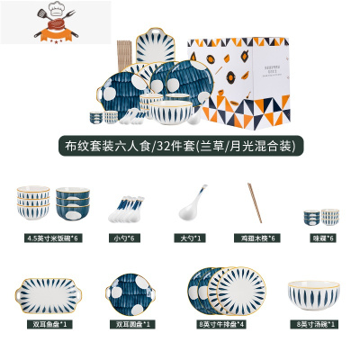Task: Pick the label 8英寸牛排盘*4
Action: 217,322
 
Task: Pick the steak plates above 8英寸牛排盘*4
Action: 217,286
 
